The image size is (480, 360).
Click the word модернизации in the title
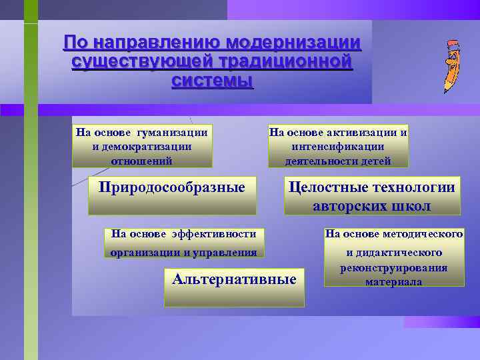tap(293, 43)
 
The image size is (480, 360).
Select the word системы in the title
tap(212, 81)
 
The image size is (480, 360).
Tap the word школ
tap(411, 206)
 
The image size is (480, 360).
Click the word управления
tap(226, 252)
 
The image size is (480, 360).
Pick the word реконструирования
tap(393, 267)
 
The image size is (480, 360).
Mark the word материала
tap(393, 281)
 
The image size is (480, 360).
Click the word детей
tap(375, 161)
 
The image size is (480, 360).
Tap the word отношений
tap(141, 161)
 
